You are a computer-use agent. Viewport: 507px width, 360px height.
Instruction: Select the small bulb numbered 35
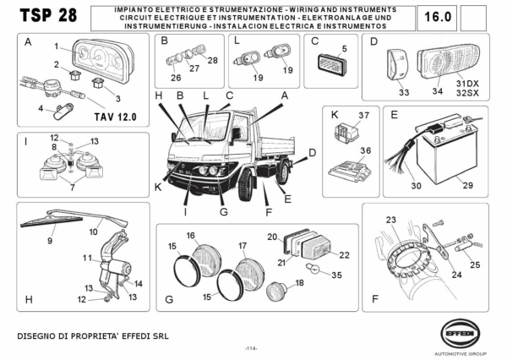click(312, 273)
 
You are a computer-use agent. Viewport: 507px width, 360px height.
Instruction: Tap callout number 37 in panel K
click(364, 115)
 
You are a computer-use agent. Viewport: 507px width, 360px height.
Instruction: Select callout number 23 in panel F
click(391, 221)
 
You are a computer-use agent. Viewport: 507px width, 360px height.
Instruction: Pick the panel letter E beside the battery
click(393, 113)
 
